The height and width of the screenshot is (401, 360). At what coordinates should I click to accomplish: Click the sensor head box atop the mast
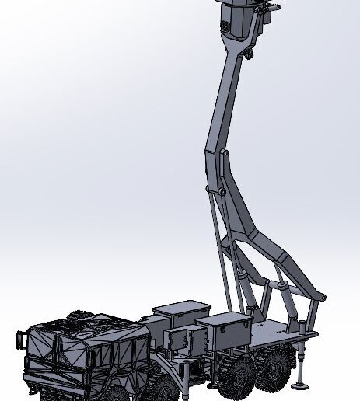pyautogui.click(x=241, y=20)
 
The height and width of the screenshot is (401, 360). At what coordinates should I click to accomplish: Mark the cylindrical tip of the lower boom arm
pyautogui.click(x=321, y=296)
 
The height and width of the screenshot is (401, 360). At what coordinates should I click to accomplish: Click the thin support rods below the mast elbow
pyautogui.click(x=219, y=249)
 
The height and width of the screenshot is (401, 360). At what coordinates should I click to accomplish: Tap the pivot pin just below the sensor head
pyautogui.click(x=246, y=54)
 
